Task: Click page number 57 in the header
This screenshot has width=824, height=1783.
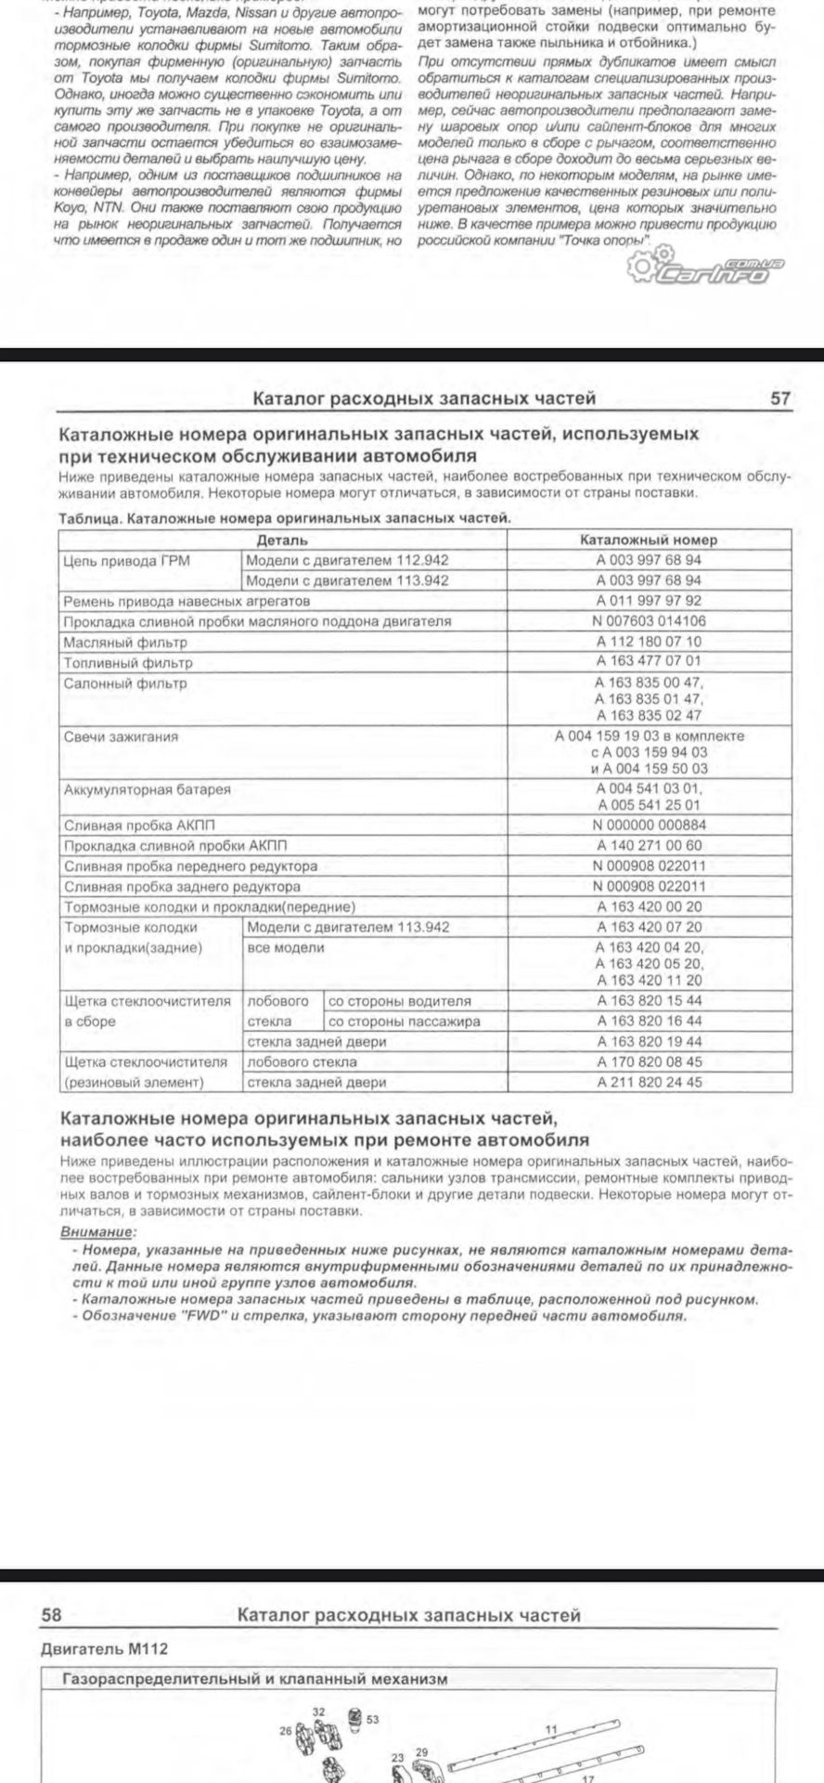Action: (780, 398)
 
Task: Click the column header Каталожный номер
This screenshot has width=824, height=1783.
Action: (649, 540)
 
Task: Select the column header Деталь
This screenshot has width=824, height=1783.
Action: (282, 540)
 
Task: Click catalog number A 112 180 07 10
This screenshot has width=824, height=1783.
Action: (649, 642)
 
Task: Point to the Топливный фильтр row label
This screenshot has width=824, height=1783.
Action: (128, 663)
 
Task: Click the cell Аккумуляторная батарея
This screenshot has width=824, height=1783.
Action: (147, 789)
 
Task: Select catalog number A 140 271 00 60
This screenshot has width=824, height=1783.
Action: (649, 845)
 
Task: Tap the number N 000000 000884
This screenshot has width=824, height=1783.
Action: (649, 825)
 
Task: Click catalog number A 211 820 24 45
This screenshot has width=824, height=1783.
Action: (649, 1082)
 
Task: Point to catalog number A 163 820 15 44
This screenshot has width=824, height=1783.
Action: (649, 1001)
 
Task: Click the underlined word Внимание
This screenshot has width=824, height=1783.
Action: (97, 1231)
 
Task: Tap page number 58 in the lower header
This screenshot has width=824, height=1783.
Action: (51, 1615)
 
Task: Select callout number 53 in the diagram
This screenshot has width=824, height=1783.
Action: (372, 1719)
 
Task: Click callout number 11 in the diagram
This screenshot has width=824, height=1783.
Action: (551, 1729)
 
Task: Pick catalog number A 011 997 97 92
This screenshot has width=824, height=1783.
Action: (649, 601)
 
